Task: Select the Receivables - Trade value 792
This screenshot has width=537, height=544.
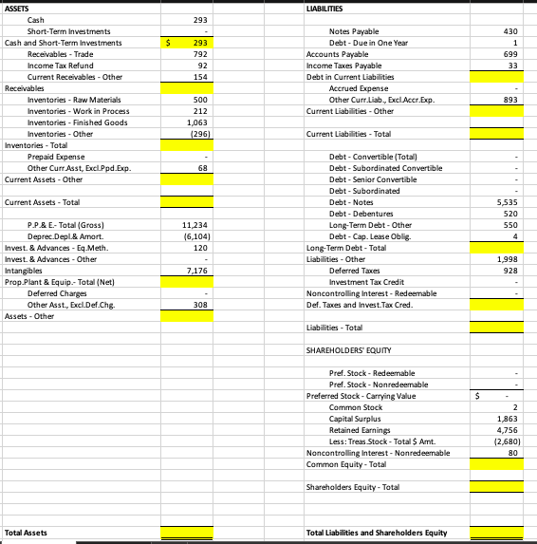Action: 199,54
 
